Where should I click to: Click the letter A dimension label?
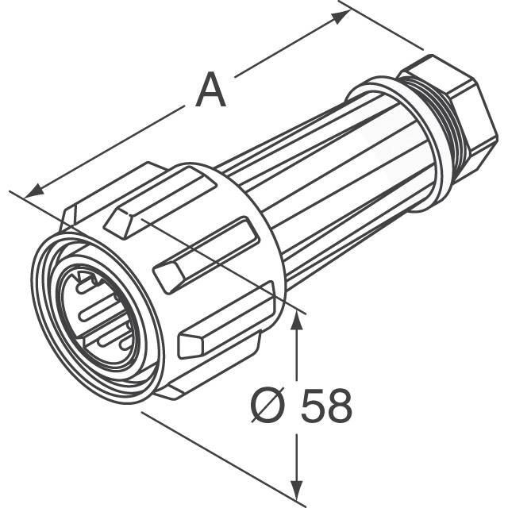(211, 90)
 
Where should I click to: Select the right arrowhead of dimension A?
(342, 13)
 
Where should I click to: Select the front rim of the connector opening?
(48, 317)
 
